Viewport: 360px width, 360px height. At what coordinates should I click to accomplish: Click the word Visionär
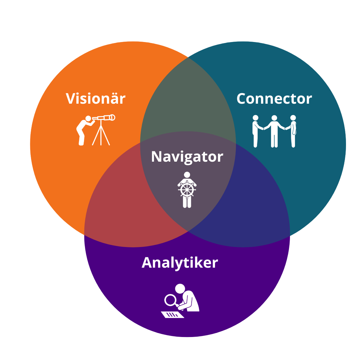pos(95,99)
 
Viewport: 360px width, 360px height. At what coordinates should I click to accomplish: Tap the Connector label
pos(274,99)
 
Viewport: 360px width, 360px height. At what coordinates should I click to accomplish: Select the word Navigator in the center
pos(187,157)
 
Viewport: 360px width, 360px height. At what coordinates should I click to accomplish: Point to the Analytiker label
pos(180,263)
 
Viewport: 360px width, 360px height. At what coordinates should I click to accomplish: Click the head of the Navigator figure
pos(187,175)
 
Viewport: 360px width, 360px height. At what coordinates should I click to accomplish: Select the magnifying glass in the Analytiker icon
pos(171,300)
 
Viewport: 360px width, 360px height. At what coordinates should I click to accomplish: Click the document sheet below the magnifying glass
pos(172,315)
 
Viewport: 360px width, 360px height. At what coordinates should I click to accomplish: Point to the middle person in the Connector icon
pos(274,131)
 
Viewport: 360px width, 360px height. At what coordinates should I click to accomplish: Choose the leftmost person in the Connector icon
pos(256,131)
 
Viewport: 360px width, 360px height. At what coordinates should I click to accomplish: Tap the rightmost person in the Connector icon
pos(293,131)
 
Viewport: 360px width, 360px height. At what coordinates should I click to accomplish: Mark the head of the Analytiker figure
pos(180,289)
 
